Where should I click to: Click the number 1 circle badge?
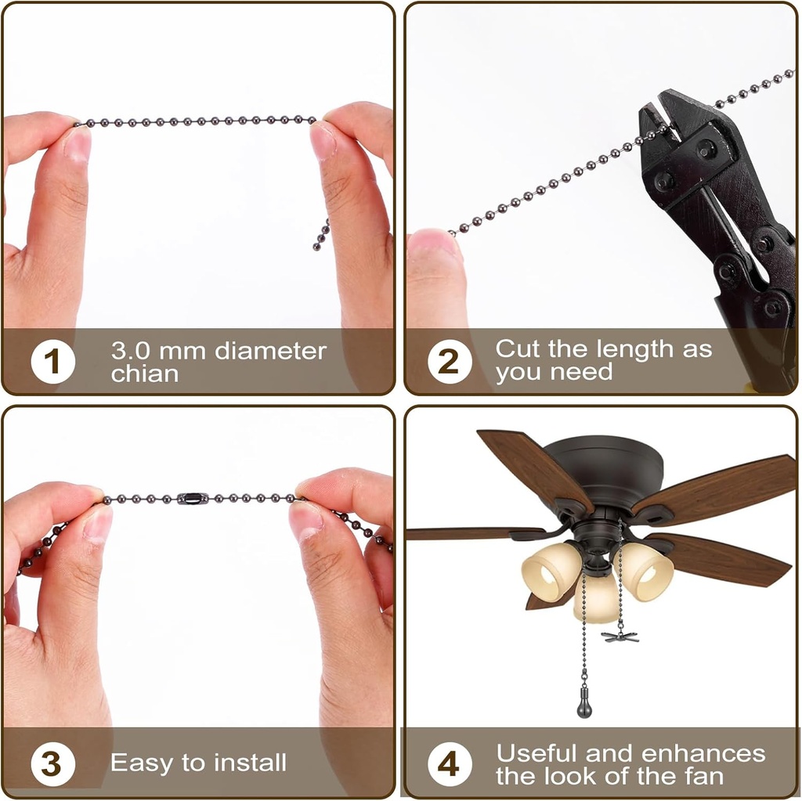[x=53, y=363]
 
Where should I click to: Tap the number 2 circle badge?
[x=448, y=363]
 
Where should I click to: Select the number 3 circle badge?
[x=52, y=763]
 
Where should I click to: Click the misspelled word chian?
[x=144, y=374]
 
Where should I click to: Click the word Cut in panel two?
[x=518, y=348]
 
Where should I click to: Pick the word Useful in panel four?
[x=536, y=753]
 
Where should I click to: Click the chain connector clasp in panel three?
[x=193, y=497]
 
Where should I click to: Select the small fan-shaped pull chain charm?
[x=620, y=636]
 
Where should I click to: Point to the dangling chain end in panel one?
[x=322, y=235]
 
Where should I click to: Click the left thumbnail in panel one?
[x=77, y=145]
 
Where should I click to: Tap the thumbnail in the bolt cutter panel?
[x=433, y=243]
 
